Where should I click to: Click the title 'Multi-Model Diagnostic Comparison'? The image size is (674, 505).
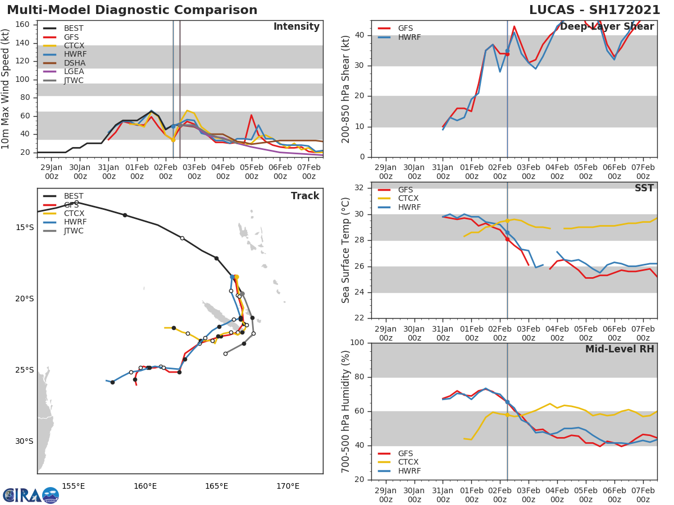[132, 10]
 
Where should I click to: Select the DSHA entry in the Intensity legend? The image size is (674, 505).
[74, 63]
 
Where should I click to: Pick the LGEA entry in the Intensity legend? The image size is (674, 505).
[74, 71]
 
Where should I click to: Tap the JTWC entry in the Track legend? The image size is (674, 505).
[74, 231]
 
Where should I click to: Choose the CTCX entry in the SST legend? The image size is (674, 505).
[409, 199]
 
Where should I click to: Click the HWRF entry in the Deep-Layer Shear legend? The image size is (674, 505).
[409, 37]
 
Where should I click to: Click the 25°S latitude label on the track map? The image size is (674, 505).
[25, 370]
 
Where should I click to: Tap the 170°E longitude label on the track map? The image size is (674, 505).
[288, 486]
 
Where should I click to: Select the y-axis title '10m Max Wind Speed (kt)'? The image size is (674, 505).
[6, 89]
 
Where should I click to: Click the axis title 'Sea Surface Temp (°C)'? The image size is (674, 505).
[346, 250]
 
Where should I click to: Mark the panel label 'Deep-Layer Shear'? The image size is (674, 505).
[607, 27]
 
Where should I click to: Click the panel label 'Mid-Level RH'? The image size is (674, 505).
[619, 350]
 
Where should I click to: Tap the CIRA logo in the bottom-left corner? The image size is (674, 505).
[30, 495]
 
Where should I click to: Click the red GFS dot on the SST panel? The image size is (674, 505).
[507, 239]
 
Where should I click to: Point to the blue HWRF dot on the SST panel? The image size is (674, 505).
[507, 232]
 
